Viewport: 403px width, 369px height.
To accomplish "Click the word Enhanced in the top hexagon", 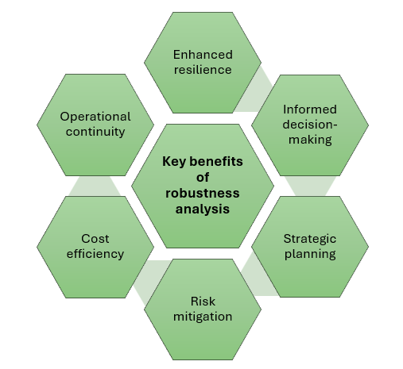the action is point(203,55).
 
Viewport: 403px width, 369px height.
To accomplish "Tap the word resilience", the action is point(203,70).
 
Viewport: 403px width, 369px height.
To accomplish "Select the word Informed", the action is point(310,110).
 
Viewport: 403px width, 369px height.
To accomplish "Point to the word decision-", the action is point(310,125).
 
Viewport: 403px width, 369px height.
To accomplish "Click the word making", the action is point(310,140).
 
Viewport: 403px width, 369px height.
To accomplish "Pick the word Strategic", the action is point(310,239).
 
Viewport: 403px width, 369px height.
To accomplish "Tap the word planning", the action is point(310,254).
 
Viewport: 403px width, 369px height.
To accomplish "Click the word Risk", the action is point(203,302).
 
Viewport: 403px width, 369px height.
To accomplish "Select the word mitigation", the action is point(203,317).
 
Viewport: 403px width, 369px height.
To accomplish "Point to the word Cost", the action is point(95,239).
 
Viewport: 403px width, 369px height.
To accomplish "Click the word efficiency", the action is point(95,254).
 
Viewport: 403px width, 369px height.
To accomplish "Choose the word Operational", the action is point(95,117).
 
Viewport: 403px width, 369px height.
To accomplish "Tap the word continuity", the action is point(95,132).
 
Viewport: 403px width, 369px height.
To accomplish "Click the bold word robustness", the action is point(203,193).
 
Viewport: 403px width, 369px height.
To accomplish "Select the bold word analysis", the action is point(203,209).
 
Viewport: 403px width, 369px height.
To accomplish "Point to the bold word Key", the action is point(173,161).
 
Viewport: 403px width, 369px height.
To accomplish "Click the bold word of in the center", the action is point(203,177).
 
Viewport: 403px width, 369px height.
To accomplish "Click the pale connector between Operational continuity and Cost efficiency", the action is point(95,186).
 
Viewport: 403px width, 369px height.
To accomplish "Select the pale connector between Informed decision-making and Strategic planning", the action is point(310,186).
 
